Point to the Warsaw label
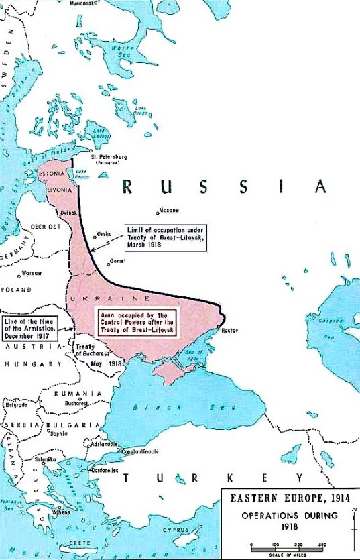pos(32,273)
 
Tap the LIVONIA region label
pos(56,190)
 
